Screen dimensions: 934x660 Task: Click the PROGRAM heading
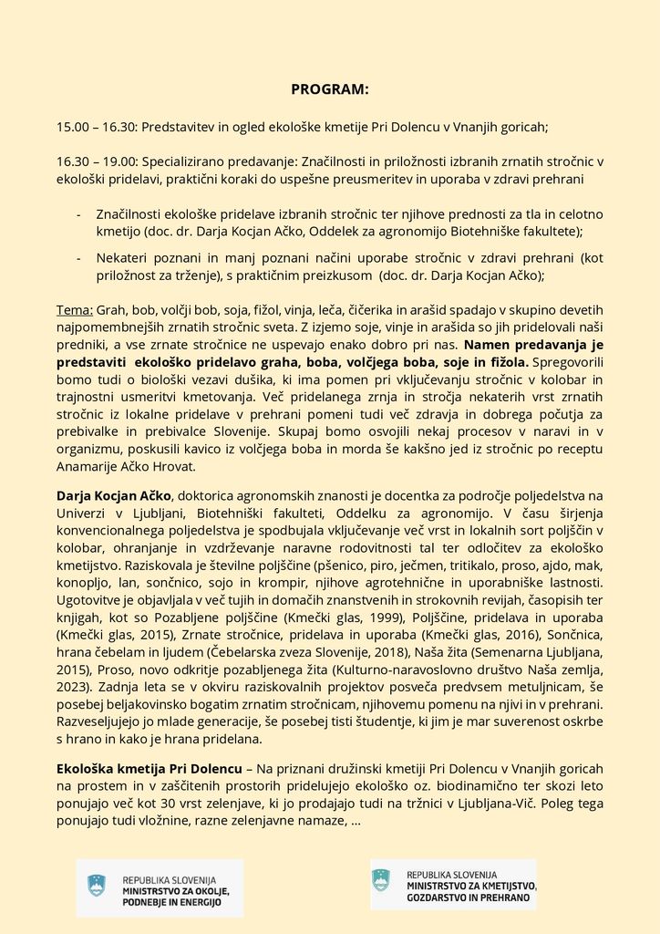pyautogui.click(x=329, y=89)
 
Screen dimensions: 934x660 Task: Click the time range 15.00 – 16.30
pyautogui.click(x=89, y=128)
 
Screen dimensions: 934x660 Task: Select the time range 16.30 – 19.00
pyautogui.click(x=89, y=161)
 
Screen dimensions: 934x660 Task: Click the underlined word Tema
pyautogui.click(x=73, y=310)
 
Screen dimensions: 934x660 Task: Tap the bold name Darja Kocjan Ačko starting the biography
pyautogui.click(x=113, y=495)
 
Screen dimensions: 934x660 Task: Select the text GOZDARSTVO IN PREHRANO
pyautogui.click(x=471, y=898)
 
